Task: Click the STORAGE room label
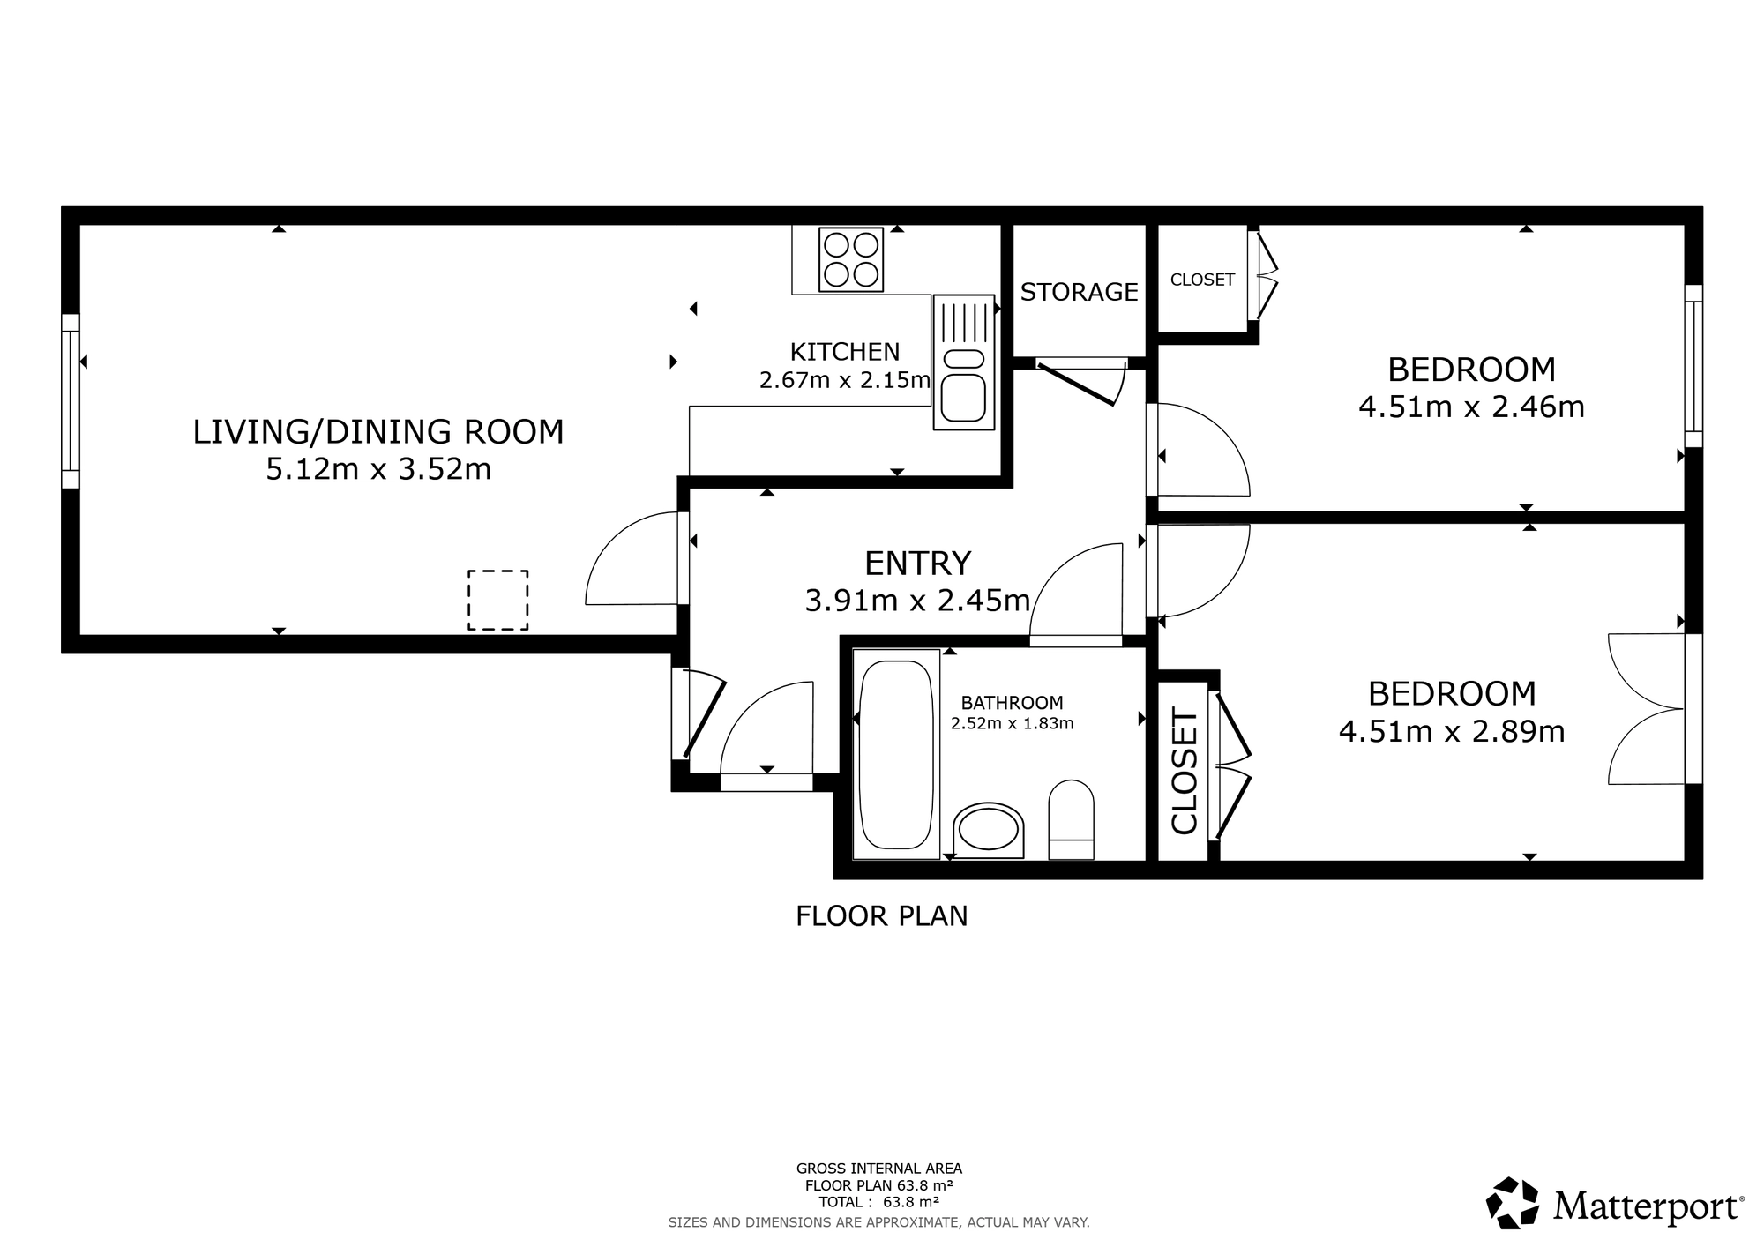tap(1079, 292)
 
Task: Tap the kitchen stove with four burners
tap(851, 259)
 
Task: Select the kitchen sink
tap(964, 362)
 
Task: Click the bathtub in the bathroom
tap(896, 754)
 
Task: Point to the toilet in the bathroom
tap(1071, 819)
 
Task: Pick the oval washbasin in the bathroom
tap(989, 830)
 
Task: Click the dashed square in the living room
tap(498, 600)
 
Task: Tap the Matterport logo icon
tap(1513, 1202)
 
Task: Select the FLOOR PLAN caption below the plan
tap(882, 916)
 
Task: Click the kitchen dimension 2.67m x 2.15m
tap(845, 380)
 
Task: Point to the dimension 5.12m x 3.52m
tap(378, 469)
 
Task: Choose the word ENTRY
tap(917, 563)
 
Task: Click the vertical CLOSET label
tap(1184, 771)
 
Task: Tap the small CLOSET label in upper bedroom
tap(1202, 280)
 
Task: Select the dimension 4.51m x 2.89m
tap(1452, 732)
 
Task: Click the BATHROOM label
tap(1012, 703)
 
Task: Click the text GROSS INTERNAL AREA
tap(879, 1169)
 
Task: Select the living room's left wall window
tap(71, 401)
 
